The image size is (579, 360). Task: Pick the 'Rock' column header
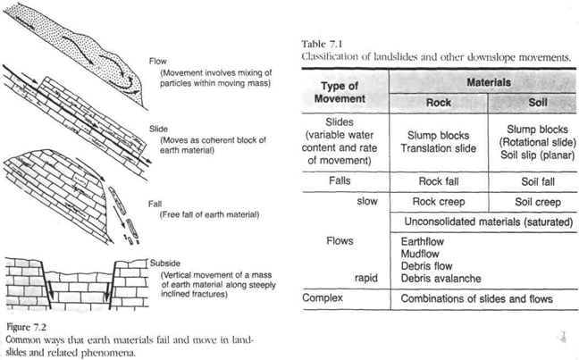(438, 102)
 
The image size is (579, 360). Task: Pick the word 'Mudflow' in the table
(417, 253)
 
